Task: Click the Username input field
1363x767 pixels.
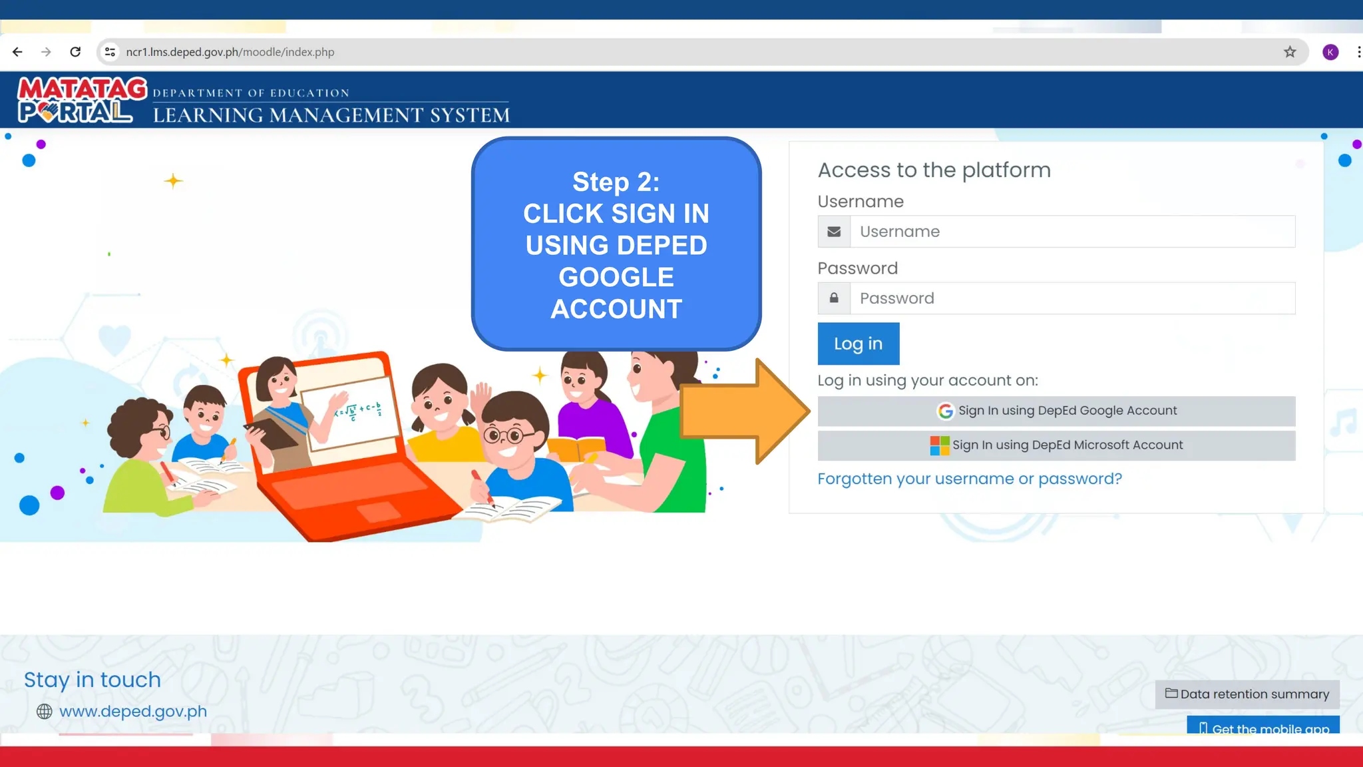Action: tap(1071, 232)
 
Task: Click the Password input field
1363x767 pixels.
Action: tap(1071, 298)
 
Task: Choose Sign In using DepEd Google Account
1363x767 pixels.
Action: tap(1056, 411)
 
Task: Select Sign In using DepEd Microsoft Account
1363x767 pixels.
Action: tap(1056, 445)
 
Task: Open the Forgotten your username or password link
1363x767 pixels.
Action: tap(969, 479)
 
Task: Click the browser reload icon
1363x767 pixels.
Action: tap(75, 52)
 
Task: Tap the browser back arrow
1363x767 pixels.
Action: tap(17, 52)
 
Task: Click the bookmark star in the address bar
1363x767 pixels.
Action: tap(1290, 52)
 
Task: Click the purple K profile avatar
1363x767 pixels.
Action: tap(1330, 52)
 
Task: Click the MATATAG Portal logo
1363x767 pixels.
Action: tap(81, 100)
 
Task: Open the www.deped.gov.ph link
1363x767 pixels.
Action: tap(132, 711)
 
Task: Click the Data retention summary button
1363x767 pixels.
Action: tap(1247, 694)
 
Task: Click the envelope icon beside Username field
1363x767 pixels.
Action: tap(834, 232)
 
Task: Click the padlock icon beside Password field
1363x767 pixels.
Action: tap(834, 298)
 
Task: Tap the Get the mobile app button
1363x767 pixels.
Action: tap(1263, 726)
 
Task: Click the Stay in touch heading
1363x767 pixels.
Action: tap(93, 680)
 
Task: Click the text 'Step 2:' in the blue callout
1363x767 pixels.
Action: tap(616, 182)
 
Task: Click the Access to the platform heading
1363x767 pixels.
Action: tap(934, 170)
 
